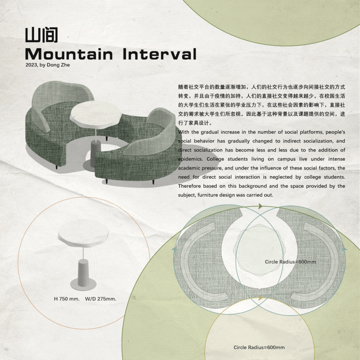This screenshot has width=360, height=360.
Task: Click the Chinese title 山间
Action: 41,35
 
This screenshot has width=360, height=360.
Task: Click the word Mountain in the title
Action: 69,54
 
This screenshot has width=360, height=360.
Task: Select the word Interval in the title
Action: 160,54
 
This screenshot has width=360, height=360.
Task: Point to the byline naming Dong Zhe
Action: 48,65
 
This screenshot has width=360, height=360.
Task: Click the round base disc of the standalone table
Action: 83,285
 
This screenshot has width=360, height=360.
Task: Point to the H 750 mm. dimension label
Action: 67,299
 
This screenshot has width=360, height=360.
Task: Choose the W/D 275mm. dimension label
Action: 101,299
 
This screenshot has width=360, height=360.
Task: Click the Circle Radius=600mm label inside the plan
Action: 290,262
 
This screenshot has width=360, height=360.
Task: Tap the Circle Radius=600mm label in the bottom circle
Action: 259,347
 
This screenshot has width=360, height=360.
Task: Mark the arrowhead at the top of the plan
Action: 260,206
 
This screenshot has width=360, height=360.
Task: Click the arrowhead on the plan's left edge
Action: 175,249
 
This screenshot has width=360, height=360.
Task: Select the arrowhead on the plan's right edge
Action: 344,249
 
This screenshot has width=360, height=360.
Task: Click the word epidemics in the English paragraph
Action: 190,159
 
